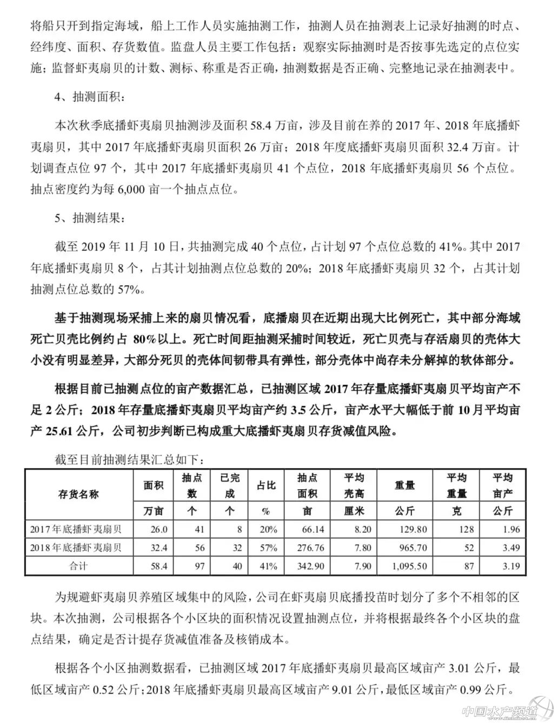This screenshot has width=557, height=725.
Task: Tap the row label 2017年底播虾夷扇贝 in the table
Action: pyautogui.click(x=76, y=529)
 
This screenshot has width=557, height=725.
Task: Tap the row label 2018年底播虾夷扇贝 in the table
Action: pyautogui.click(x=76, y=548)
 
